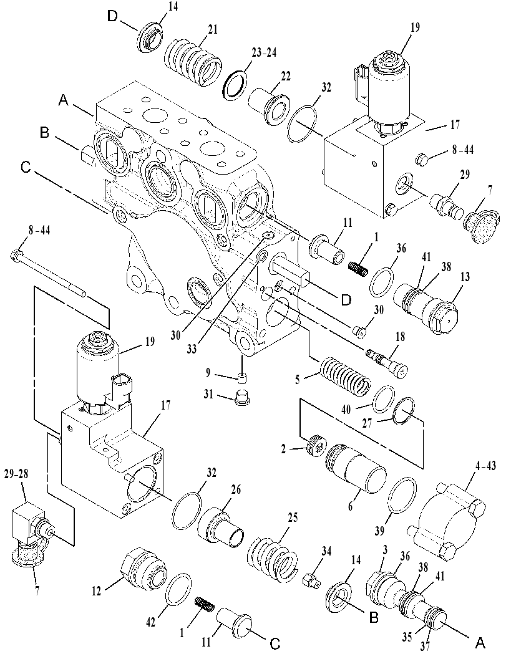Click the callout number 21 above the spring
(212, 29)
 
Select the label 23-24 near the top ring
(265, 53)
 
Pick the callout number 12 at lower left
(96, 591)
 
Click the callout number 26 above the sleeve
(236, 490)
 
